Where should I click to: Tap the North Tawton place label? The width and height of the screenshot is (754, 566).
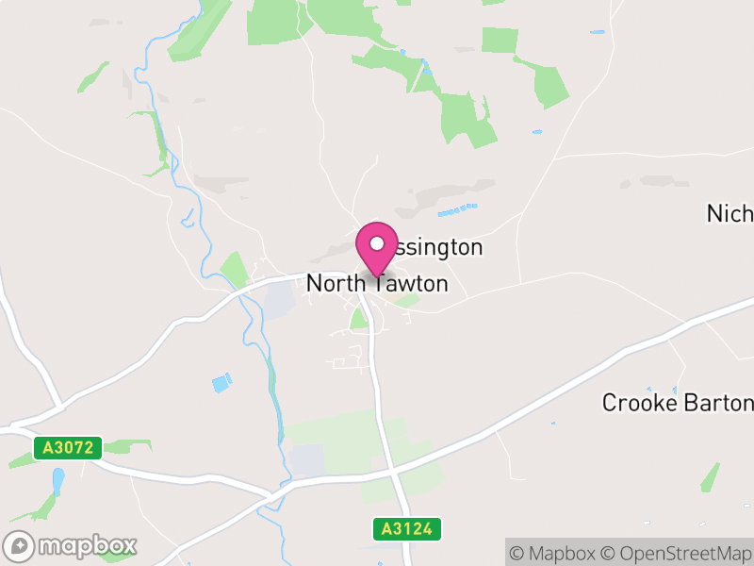pyautogui.click(x=377, y=283)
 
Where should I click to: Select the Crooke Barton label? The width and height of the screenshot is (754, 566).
pyautogui.click(x=679, y=403)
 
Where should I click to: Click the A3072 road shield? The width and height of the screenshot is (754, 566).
pyautogui.click(x=68, y=447)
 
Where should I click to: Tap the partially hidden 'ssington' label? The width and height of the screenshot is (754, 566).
pyautogui.click(x=437, y=247)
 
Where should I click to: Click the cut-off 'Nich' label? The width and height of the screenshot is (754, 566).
pyautogui.click(x=730, y=213)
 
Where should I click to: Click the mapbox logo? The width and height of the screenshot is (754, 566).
pyautogui.click(x=72, y=545)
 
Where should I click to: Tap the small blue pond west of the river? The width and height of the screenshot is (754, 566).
pyautogui.click(x=221, y=383)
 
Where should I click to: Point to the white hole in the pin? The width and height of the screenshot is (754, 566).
pyautogui.click(x=377, y=242)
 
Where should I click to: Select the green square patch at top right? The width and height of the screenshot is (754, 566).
pyautogui.click(x=500, y=41)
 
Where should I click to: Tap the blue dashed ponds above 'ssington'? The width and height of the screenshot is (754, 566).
pyautogui.click(x=457, y=209)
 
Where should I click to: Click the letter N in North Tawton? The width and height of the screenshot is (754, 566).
pyautogui.click(x=315, y=283)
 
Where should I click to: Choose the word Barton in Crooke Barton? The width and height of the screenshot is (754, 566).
pyautogui.click(x=720, y=403)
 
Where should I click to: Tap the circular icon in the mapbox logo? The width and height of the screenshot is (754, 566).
pyautogui.click(x=20, y=545)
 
